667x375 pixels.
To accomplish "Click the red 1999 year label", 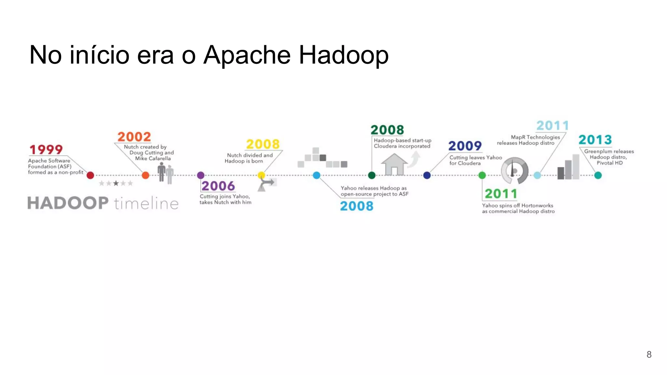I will [x=46, y=150].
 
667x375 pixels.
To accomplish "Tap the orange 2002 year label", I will [x=134, y=137].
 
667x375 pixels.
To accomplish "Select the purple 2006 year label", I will [x=218, y=186].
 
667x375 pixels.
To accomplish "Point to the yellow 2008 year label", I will [x=263, y=144].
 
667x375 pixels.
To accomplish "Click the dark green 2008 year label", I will [x=387, y=130].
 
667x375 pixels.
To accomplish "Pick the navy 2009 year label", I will [x=465, y=146].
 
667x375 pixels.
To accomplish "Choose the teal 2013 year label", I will [x=595, y=140].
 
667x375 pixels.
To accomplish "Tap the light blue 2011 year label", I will [x=552, y=125].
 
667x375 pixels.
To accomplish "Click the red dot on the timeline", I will [x=91, y=175].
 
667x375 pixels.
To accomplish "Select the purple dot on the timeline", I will [x=201, y=175].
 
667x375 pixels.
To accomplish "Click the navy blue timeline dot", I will [x=427, y=175].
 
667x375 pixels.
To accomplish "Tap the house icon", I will [x=394, y=164].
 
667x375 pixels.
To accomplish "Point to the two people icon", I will [x=165, y=173].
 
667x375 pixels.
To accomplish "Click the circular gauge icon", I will [x=514, y=171].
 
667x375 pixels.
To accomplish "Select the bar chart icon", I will [x=568, y=167].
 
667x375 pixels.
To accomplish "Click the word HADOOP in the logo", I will [x=68, y=203].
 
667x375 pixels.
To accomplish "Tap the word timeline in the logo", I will [x=146, y=204].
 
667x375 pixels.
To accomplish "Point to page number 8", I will [x=649, y=354].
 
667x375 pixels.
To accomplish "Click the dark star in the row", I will [x=116, y=183].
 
